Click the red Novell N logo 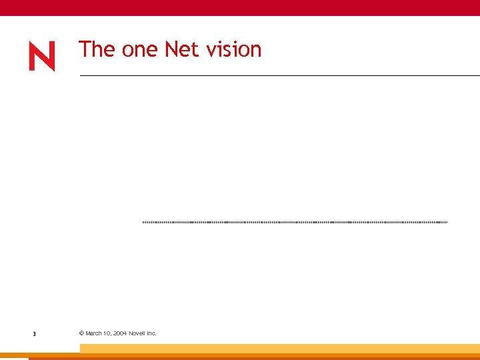[x=41, y=57]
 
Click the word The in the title [x=97, y=49]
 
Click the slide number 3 [x=34, y=333]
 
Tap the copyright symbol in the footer [x=81, y=333]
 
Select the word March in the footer [x=94, y=333]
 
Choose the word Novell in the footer [x=137, y=333]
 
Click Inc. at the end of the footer [x=151, y=333]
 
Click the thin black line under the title [x=280, y=75]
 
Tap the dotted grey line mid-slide [x=295, y=221]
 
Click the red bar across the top [x=240, y=7]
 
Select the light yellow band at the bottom [x=280, y=348]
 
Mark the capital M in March [x=88, y=333]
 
